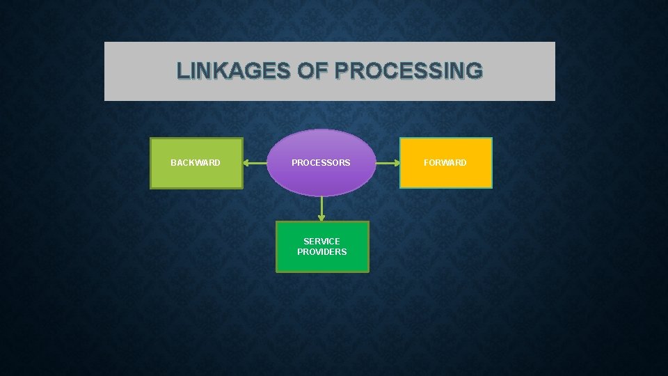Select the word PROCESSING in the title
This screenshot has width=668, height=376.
tap(408, 70)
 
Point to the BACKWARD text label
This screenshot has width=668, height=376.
tap(196, 163)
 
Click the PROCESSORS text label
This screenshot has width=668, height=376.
tap(321, 163)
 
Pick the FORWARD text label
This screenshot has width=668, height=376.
tap(446, 163)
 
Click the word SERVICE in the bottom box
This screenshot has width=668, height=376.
tap(322, 242)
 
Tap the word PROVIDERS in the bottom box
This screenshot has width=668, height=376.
tap(322, 252)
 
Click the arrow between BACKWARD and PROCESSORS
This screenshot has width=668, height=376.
tap(255, 164)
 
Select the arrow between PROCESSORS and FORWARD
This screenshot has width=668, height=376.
tap(388, 164)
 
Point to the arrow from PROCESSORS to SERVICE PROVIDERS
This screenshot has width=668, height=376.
tap(321, 207)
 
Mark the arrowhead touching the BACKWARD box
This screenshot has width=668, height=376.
tap(247, 164)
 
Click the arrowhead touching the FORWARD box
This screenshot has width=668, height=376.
tap(396, 164)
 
